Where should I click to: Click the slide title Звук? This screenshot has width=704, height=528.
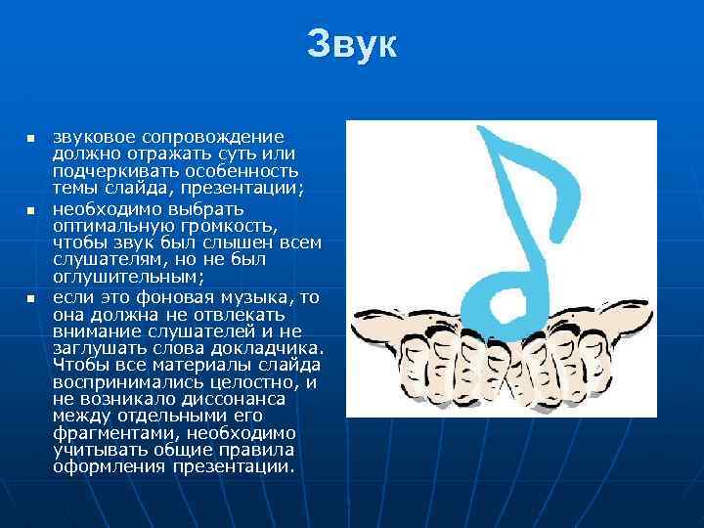(x=352, y=44)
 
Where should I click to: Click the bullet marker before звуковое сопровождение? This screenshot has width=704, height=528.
(x=30, y=138)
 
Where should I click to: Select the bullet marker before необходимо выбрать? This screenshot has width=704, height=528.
(x=30, y=210)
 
